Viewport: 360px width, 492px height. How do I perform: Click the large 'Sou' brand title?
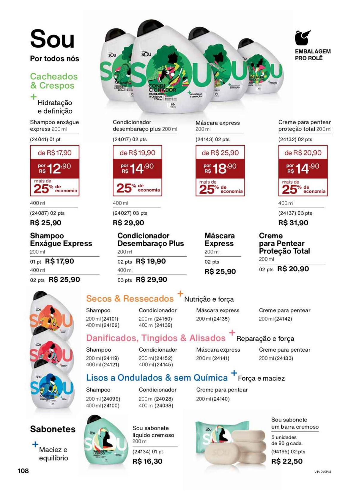tap(52, 39)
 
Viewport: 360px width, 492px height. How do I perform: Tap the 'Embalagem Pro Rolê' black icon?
tap(302, 38)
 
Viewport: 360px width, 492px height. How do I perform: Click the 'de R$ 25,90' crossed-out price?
tap(220, 153)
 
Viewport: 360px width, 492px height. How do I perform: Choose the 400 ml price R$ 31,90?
tap(293, 223)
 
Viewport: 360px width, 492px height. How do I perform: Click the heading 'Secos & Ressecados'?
tap(130, 299)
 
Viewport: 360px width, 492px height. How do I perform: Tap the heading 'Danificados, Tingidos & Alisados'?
tap(156, 338)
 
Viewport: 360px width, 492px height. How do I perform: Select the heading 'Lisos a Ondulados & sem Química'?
tap(157, 378)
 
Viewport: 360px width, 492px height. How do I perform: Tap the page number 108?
tap(23, 471)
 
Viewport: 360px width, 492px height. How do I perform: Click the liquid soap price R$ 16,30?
tap(147, 461)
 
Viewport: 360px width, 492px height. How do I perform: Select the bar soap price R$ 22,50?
tap(287, 461)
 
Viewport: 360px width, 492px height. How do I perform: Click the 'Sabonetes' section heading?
tap(52, 429)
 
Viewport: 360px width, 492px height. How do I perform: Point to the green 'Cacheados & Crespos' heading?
tap(54, 81)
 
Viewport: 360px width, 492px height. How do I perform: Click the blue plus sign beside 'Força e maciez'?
tap(234, 373)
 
